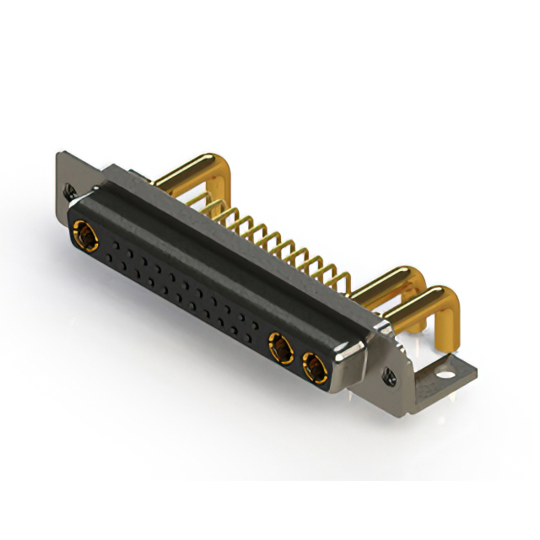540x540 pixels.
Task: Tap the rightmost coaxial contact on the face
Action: point(313,367)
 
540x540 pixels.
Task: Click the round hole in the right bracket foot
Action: point(445,369)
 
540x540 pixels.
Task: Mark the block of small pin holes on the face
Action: point(181,287)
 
